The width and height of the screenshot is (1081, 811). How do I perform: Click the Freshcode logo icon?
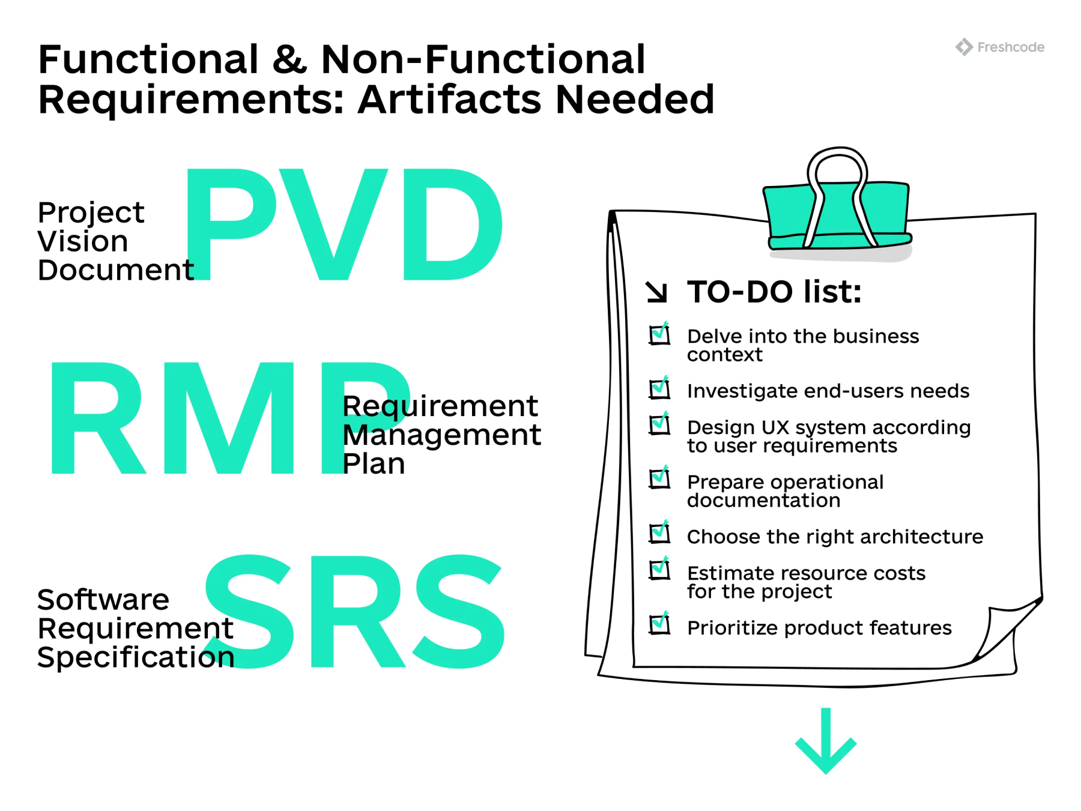coord(964,47)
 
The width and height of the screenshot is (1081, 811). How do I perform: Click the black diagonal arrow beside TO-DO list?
coord(656,292)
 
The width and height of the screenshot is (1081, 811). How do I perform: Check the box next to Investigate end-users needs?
coord(659,389)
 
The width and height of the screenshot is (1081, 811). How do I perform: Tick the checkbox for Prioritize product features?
coord(659,625)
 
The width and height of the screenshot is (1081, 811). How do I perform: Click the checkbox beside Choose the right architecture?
coord(659,533)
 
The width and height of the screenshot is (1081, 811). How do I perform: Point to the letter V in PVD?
coord(333,225)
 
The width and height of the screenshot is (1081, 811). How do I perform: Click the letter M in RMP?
coord(231,418)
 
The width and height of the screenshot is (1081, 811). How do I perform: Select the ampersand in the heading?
coord(289,59)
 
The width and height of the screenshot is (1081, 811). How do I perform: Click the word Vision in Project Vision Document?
coord(83,241)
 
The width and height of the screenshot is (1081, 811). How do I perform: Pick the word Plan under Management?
coord(374,464)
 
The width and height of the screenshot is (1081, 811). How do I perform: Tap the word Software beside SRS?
coord(103,600)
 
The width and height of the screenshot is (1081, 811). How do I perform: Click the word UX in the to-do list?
coord(775,427)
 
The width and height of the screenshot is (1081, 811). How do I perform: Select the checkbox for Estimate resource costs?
coord(659,570)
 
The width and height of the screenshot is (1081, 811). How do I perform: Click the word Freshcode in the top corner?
coord(1011,47)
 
